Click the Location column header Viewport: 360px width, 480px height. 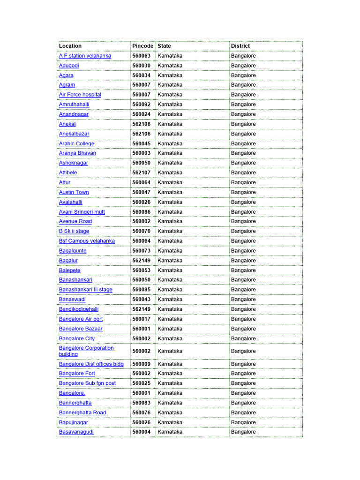[70, 46]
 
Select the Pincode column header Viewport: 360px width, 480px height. [142, 46]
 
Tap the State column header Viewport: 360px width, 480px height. [165, 46]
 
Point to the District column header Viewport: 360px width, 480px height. [240, 46]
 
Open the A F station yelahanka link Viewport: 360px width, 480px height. [85, 56]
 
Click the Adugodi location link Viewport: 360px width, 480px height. [69, 66]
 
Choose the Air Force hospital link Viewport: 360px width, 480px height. [80, 95]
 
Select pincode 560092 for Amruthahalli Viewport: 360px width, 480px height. [142, 105]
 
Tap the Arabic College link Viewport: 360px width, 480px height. [77, 143]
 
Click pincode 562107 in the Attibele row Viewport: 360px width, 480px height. [142, 172]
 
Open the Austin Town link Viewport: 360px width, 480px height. [74, 192]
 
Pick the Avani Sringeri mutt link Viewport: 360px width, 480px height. [82, 212]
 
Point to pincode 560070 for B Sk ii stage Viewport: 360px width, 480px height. [142, 231]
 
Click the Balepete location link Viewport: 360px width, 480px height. [70, 270]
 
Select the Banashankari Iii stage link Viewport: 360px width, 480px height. [86, 290]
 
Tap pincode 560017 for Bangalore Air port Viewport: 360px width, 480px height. [142, 319]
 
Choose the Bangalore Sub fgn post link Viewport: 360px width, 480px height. [88, 383]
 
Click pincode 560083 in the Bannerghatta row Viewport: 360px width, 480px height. [142, 403]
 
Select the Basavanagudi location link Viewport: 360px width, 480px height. [76, 432]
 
